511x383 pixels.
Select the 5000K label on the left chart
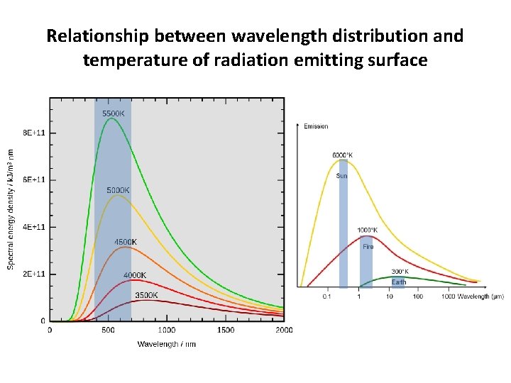[x=118, y=190]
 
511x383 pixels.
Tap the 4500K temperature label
[x=126, y=242]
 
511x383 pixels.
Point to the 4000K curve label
[x=135, y=275]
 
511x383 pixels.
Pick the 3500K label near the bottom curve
[x=146, y=295]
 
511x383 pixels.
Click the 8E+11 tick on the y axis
[x=34, y=133]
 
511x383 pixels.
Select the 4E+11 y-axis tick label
[x=34, y=227]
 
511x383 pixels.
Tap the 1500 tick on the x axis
[x=225, y=330]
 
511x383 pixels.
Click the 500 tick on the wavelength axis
[x=108, y=330]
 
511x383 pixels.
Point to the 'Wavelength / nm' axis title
[x=166, y=344]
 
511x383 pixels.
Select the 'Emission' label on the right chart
[x=316, y=126]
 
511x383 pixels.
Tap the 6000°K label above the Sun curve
[x=342, y=155]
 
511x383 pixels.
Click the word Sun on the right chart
[x=341, y=175]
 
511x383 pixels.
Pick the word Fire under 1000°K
[x=368, y=247]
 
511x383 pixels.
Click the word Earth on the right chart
[x=399, y=282]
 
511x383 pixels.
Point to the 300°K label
[x=400, y=272]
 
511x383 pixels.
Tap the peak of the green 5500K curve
[x=111, y=119]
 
